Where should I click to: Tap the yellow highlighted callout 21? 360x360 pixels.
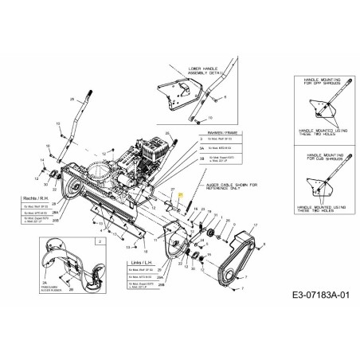pos(181,194)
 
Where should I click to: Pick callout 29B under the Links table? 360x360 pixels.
pos(162,284)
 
